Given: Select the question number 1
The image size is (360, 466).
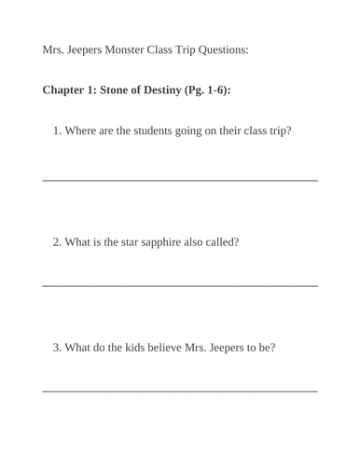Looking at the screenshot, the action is point(57,130).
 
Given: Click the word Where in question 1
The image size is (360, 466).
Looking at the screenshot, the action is point(82,130).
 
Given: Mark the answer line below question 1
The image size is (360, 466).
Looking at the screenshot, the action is point(180,179).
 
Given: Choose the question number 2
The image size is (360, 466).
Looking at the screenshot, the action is point(57,242).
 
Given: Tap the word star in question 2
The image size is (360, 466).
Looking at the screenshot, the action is point(131,242).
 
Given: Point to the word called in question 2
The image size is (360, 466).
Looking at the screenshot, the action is point(221,242).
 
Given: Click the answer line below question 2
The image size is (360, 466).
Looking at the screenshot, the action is point(180,284).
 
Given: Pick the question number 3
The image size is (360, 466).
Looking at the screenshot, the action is point(57,349).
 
